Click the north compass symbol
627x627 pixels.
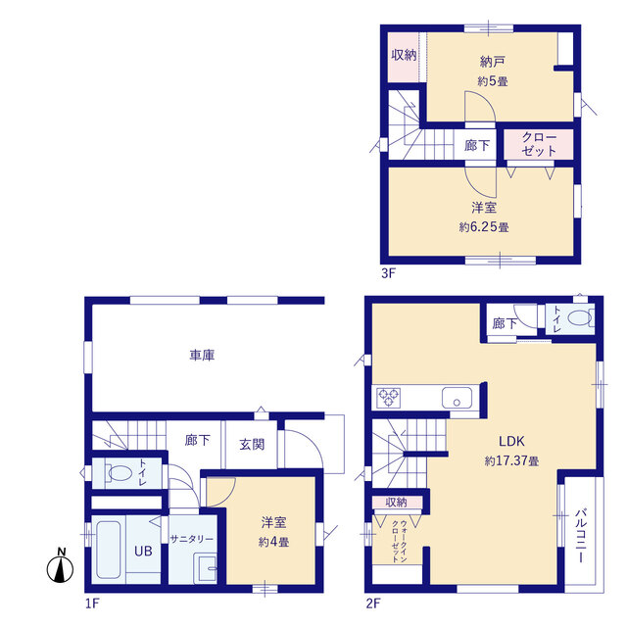coord(60,566)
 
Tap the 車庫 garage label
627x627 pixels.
coord(202,355)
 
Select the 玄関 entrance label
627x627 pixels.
coord(252,444)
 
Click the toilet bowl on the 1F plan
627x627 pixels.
coord(119,473)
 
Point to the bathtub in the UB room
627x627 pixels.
coord(109,550)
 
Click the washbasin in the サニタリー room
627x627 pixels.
coord(206,568)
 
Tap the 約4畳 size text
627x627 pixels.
coord(273,542)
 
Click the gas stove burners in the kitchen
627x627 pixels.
coord(388,398)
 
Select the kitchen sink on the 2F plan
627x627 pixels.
coord(457,398)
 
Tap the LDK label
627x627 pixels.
coord(511,441)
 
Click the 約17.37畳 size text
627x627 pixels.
coord(511,460)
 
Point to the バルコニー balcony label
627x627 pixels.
coord(581,536)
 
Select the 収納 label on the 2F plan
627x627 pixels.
coord(396,503)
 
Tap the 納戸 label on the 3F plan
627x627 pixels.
coord(492,62)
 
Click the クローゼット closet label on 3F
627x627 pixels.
coord(539,144)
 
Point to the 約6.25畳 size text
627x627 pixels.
coord(484,227)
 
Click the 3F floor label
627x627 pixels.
coord(388,273)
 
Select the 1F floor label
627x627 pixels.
coord(92,603)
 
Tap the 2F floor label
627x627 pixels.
coord(373,603)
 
